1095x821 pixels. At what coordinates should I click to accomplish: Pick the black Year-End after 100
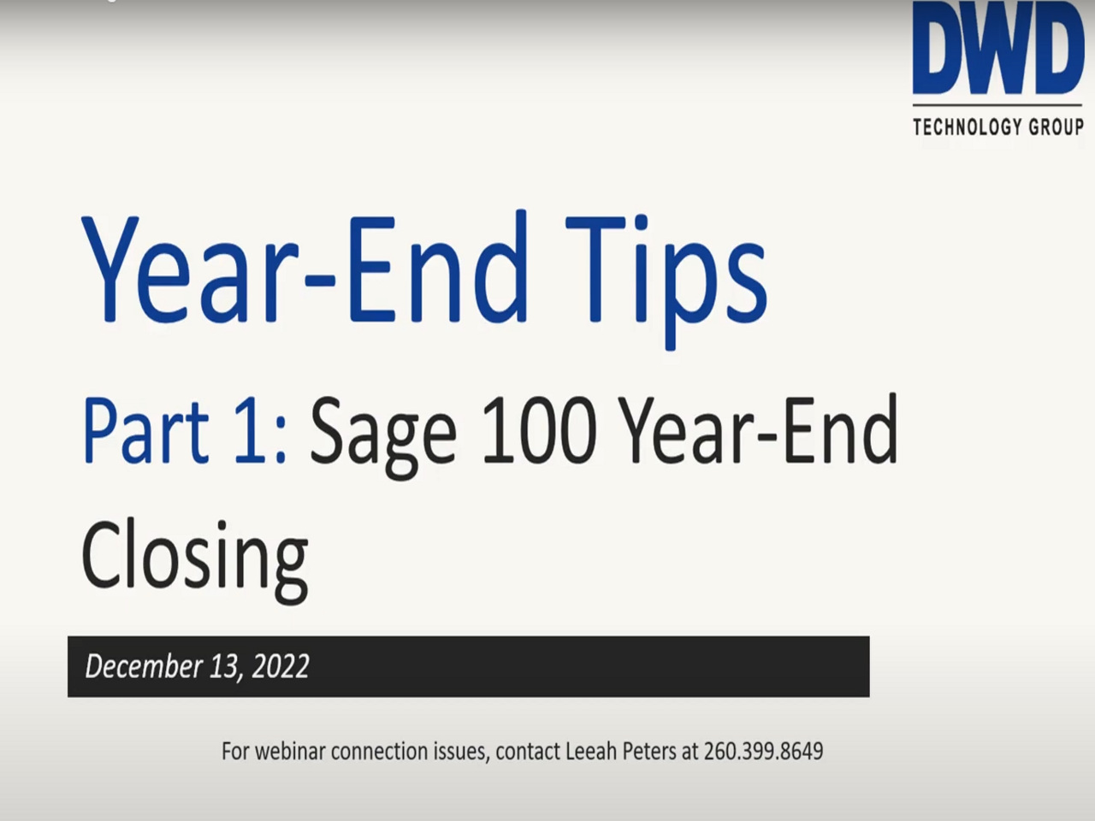pyautogui.click(x=758, y=430)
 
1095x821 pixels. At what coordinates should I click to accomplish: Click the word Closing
pyautogui.click(x=194, y=556)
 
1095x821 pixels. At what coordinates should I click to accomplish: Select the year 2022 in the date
pyautogui.click(x=281, y=666)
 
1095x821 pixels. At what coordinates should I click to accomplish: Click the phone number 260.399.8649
pyautogui.click(x=763, y=751)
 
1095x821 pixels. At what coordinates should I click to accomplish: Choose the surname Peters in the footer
pyautogui.click(x=648, y=751)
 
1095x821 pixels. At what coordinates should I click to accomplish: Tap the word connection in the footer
pyautogui.click(x=379, y=751)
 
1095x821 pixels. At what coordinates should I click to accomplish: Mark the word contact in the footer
pyautogui.click(x=527, y=751)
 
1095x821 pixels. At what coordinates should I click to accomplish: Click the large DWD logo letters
pyautogui.click(x=997, y=50)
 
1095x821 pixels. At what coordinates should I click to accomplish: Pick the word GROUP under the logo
pyautogui.click(x=1056, y=127)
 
